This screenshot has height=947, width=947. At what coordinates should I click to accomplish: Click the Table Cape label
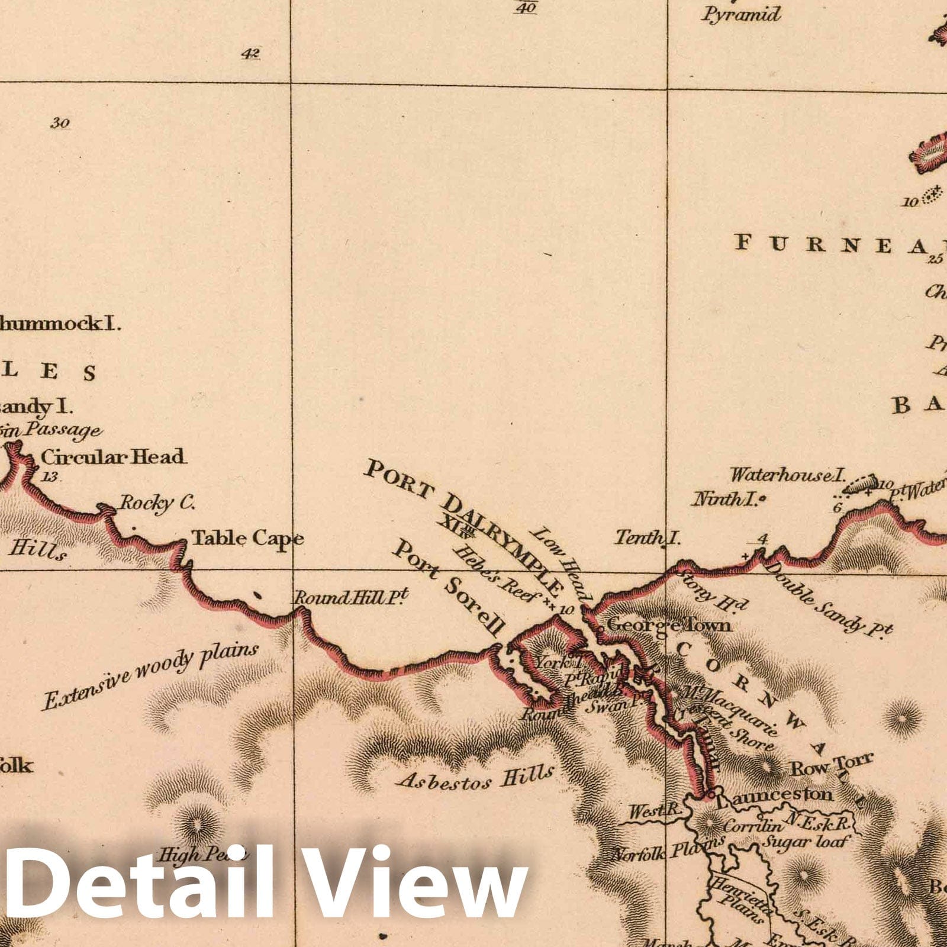tap(247, 538)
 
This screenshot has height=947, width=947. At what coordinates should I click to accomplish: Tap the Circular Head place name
tap(112, 457)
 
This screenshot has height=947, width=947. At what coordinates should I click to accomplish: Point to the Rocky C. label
tap(157, 503)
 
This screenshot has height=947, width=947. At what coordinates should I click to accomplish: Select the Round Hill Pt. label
tap(352, 598)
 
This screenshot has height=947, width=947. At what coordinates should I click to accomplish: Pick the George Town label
tap(669, 625)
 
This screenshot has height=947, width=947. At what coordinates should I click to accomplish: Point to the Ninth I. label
tap(726, 500)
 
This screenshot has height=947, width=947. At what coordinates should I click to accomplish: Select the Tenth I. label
tap(648, 538)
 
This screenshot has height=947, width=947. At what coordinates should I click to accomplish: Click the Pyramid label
tap(742, 14)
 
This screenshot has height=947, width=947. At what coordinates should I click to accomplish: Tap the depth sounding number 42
tap(250, 54)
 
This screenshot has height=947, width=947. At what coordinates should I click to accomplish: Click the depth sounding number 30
tap(60, 123)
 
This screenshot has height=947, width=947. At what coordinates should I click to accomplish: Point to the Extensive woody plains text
tap(150, 675)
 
